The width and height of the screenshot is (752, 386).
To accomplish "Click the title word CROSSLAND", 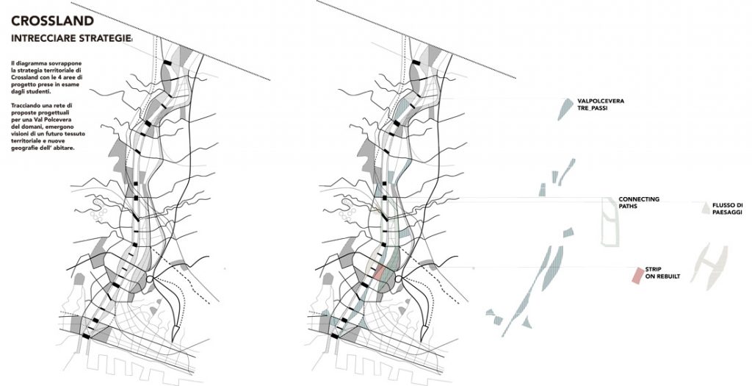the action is click(52, 21).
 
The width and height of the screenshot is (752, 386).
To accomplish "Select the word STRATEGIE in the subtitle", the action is click(104, 38).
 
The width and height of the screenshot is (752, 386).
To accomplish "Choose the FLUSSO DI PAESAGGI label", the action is click(727, 208).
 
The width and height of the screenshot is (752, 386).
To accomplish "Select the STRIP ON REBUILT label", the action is click(662, 274).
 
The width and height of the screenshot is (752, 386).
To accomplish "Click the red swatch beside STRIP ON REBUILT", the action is click(637, 275).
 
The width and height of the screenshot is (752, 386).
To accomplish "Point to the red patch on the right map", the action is click(379, 273).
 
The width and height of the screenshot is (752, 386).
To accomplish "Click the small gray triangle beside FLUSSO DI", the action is click(705, 207).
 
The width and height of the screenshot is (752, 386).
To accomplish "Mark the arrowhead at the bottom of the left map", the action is click(176, 331).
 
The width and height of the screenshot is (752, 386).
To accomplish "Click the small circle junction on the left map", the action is click(149, 279).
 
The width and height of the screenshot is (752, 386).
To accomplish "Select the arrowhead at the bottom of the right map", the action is click(424, 331).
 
